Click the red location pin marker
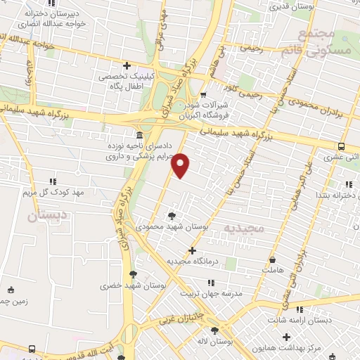pyautogui.click(x=181, y=165)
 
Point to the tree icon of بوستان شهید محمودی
pyautogui.click(x=172, y=216)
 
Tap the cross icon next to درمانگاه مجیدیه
pyautogui.click(x=193, y=250)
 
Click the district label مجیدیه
pyautogui.click(x=243, y=229)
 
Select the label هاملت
pyautogui.click(x=271, y=269)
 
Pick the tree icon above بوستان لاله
pyautogui.click(x=214, y=330)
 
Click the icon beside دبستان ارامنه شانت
pyautogui.click(x=300, y=309)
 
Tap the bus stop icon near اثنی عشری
pyautogui.click(x=341, y=147)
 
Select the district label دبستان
pyautogui.click(x=41, y=216)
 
